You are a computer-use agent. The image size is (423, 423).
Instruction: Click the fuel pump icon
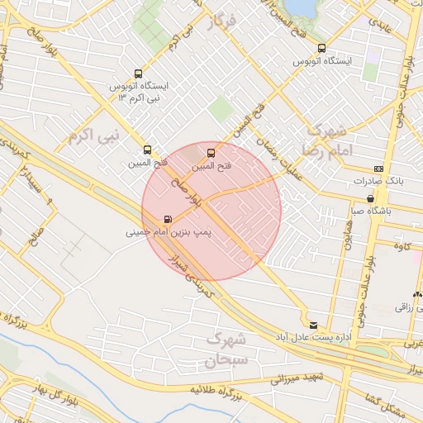[169, 220]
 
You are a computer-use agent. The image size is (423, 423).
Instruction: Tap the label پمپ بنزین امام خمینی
[169, 233]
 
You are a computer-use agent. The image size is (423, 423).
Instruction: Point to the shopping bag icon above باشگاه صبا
[373, 198]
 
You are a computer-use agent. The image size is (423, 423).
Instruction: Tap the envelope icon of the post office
[312, 324]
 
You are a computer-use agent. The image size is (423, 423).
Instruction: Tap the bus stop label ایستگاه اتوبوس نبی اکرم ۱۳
[138, 92]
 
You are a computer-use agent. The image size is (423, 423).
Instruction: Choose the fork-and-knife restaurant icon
[418, 294]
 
